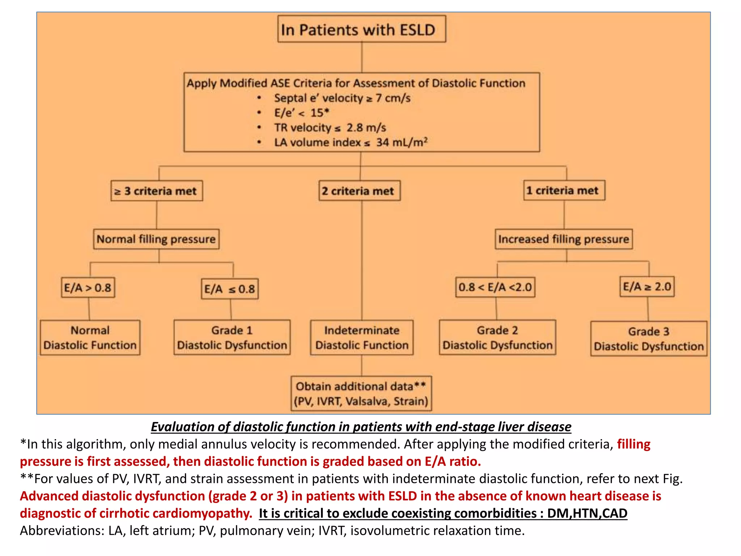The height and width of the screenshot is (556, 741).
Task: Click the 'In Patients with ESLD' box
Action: pos(361,29)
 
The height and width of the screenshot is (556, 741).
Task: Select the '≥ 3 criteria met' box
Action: pos(157,191)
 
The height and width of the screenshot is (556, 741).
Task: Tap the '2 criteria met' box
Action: pos(359,191)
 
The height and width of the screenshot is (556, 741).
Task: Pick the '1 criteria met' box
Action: pos(564,190)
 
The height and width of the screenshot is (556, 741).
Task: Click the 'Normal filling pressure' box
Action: pos(156,239)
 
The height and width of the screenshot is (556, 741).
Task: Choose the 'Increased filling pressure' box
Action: pos(564,239)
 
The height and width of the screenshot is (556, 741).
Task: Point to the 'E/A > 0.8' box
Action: pos(88,288)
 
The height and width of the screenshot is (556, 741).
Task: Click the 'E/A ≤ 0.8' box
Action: pos(230,289)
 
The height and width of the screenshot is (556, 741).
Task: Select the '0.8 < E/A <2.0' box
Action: pos(495,287)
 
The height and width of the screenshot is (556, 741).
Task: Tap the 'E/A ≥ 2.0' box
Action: pos(647,287)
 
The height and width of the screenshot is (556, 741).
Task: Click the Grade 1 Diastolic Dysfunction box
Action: pos(232,337)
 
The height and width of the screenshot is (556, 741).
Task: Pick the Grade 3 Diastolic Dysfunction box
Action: pos(648,339)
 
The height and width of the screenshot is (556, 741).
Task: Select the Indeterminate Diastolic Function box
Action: pos(362,337)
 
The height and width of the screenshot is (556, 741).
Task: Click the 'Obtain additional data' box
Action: pos(361,393)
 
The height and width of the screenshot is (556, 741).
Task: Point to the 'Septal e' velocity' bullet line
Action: pos(342,98)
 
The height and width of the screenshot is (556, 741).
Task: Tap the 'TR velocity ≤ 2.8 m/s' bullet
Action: pos(330,127)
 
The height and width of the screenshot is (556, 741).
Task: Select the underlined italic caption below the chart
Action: pos(361,427)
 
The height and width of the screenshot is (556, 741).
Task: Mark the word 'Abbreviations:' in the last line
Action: pos(62,531)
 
